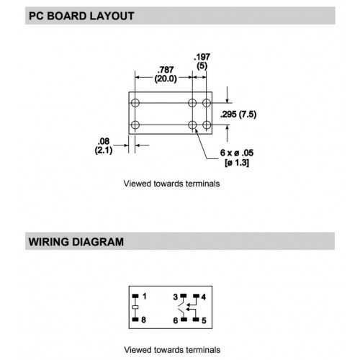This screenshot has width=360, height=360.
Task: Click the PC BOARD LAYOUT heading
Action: tap(81, 16)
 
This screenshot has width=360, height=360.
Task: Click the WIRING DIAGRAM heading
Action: tap(76, 242)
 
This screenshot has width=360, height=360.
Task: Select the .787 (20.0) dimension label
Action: tap(166, 74)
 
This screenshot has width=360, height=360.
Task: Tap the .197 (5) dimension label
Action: tap(202, 61)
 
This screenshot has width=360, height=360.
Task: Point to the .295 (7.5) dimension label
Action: tap(238, 114)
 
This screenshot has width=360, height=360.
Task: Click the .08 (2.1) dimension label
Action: tap(104, 145)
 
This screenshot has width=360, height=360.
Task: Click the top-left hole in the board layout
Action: tap(135, 103)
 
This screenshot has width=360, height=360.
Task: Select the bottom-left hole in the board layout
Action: tap(135, 125)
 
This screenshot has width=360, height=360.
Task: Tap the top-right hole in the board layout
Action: tap(207, 103)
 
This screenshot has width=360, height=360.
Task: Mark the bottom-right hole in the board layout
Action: tap(207, 125)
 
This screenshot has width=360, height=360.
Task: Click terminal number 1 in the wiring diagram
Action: tap(144, 297)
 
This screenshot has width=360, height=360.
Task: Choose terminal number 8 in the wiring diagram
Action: tap(143, 320)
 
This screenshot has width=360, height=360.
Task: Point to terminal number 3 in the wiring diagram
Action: tap(176, 297)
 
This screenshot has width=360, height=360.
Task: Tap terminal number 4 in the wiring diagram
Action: tap(204, 297)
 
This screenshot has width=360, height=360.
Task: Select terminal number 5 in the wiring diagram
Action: tap(204, 320)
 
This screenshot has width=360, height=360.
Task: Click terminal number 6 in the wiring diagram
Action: tap(176, 320)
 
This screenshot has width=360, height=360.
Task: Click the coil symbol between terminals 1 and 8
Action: tap(135, 307)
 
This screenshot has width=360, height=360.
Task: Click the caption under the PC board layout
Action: tap(171, 184)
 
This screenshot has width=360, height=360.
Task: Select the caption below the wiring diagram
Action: tap(172, 350)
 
